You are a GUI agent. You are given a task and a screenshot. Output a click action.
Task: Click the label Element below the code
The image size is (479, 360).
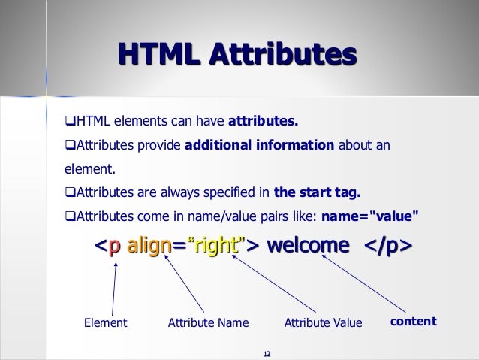104,322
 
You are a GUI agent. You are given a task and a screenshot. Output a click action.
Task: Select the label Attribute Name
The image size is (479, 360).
208,322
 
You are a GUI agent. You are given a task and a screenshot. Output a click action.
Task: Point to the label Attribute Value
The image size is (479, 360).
323,322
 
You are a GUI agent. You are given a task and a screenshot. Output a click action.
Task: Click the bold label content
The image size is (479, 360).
413,321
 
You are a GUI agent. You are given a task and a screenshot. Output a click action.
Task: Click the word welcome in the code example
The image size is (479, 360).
308,246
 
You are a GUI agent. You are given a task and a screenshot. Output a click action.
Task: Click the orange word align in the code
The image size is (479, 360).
149,246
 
